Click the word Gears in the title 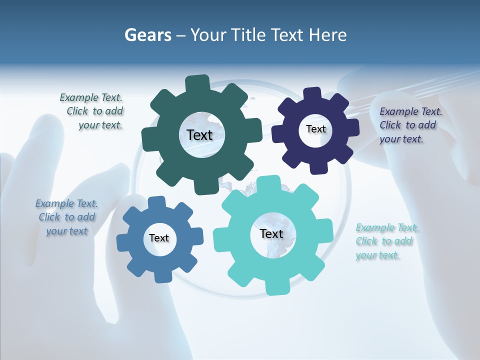coord(148,35)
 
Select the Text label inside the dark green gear coord(199,135)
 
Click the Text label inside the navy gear coord(315,129)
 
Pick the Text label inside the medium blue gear coord(159,238)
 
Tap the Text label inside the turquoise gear coord(271,234)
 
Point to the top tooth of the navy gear coord(312,94)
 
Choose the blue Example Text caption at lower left coord(67,217)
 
